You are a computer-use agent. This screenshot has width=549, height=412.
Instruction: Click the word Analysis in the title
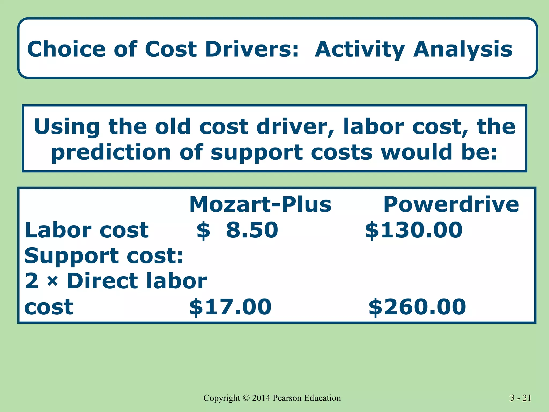[x=463, y=50]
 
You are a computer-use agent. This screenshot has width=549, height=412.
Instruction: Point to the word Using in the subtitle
[x=67, y=127]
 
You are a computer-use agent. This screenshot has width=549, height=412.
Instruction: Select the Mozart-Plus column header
[x=260, y=204]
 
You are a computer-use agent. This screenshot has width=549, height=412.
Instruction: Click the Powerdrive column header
[x=451, y=204]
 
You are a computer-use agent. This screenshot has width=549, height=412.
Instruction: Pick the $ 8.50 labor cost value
[x=238, y=230]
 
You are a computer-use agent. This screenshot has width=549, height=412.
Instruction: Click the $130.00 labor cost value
[x=414, y=230]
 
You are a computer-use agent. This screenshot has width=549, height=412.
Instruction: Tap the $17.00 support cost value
[x=230, y=307]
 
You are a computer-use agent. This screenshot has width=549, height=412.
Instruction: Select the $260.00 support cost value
[x=417, y=307]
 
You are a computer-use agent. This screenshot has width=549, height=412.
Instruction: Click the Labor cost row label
[x=86, y=230]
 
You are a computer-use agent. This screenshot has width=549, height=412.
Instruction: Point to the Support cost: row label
[x=104, y=256]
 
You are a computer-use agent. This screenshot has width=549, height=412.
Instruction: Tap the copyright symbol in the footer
[x=246, y=398]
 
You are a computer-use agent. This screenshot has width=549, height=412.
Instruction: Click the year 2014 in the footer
[x=261, y=398]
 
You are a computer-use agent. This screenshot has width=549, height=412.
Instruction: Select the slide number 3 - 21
[x=520, y=398]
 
